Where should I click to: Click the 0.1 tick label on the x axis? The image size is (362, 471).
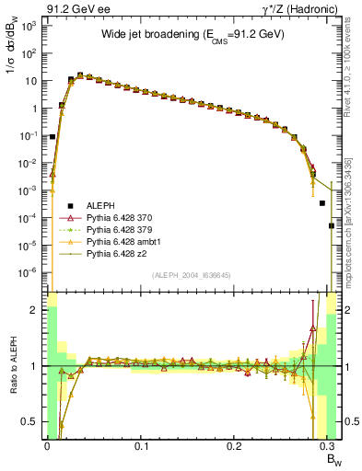click(x=141, y=446)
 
